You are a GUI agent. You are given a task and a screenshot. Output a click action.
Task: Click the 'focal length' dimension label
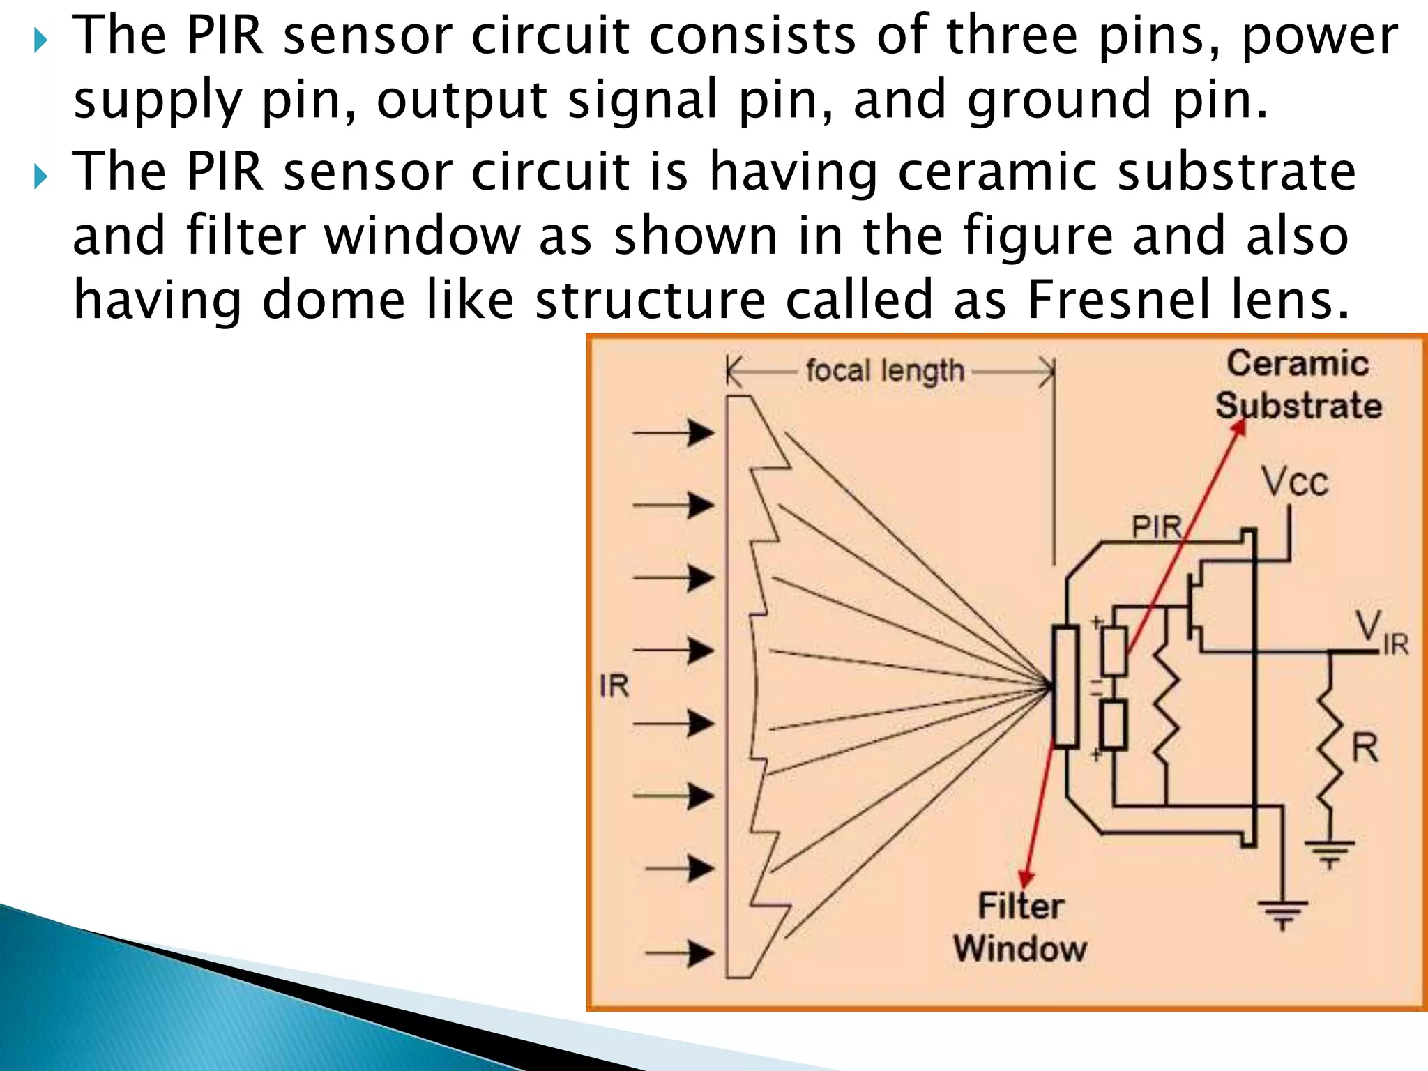click(x=885, y=370)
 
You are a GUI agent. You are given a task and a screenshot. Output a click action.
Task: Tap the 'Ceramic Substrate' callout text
click(x=1298, y=384)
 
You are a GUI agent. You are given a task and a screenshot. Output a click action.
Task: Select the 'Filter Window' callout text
click(x=1020, y=927)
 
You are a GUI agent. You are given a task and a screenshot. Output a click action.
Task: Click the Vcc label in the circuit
click(x=1295, y=483)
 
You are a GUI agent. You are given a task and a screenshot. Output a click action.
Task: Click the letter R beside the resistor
click(x=1365, y=748)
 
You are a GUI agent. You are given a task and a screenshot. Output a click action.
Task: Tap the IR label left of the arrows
click(x=614, y=686)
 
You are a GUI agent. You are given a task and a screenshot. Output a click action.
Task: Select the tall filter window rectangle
click(x=1065, y=687)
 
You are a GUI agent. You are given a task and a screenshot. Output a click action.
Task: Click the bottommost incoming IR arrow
click(x=680, y=952)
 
